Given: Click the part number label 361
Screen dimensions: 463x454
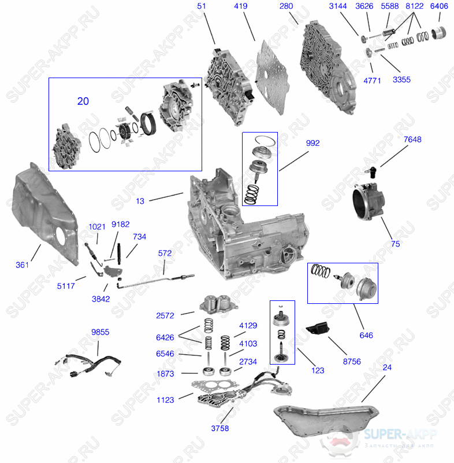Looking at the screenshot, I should tap(22, 265).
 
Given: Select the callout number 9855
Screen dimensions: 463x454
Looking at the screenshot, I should tap(100, 332).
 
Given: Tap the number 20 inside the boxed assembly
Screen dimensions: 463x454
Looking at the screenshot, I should tap(83, 101).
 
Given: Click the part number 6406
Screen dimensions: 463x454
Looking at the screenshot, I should tap(439, 6).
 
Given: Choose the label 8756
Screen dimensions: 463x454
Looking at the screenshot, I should tap(351, 361).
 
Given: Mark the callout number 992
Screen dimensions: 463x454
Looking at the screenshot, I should tap(312, 143).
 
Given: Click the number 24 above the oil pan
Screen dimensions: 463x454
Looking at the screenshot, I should tap(386, 368).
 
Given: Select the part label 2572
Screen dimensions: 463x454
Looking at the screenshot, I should tap(165, 315).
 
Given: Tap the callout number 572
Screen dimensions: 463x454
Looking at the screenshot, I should tap(165, 253).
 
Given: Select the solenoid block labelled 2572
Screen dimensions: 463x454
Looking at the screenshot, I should tap(216, 304).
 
